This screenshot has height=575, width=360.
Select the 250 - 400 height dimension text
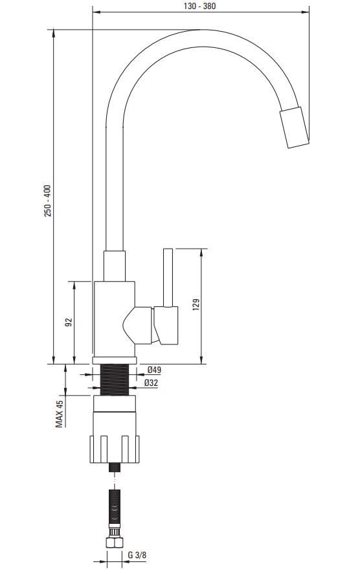48,201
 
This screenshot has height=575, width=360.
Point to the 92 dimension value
69,322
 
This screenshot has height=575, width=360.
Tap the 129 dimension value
196,305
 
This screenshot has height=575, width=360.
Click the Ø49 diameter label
154,370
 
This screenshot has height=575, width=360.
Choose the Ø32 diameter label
151,383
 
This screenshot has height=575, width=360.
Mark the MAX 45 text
60,414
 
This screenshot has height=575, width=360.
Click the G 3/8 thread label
137,555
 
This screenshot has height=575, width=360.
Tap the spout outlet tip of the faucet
295,128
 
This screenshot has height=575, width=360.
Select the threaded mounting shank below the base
115,379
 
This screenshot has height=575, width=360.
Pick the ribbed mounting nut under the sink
115,449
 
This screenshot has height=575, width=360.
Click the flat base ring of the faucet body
115,360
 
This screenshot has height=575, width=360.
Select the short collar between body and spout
115,266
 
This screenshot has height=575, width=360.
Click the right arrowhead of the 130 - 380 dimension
306,12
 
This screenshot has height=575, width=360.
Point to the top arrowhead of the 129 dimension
201,253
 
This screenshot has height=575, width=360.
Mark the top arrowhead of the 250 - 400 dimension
54,34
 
